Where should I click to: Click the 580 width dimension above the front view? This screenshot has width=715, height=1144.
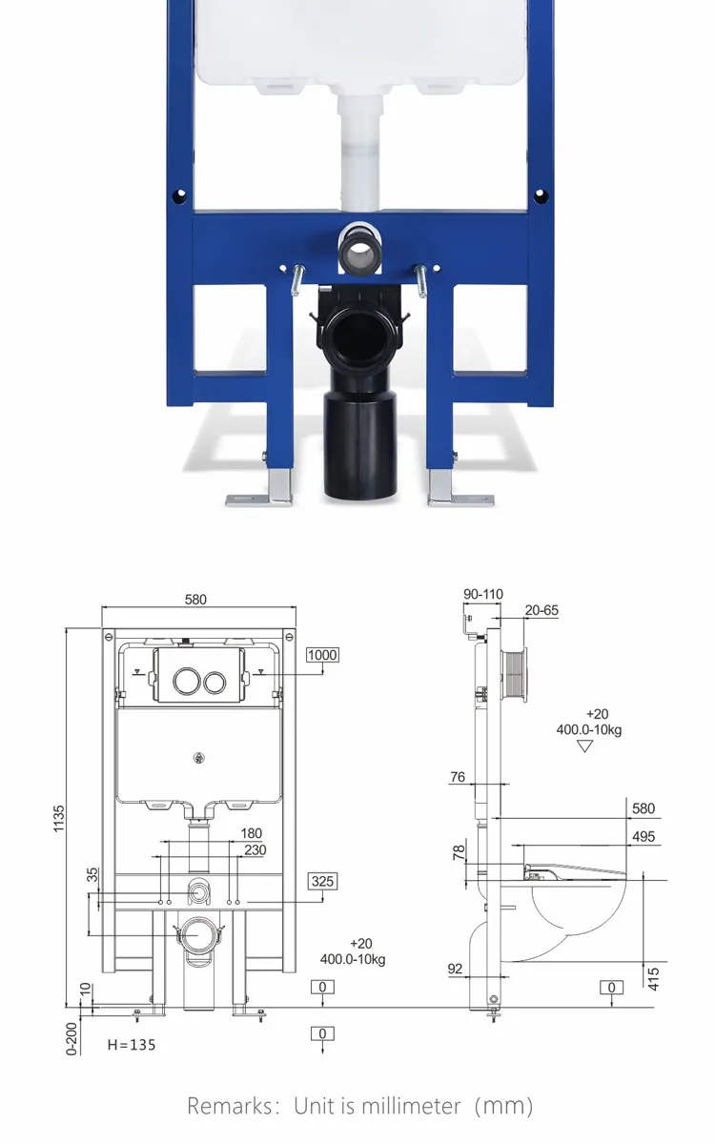coord(195,600)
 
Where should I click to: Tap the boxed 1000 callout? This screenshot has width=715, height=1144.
coord(322,654)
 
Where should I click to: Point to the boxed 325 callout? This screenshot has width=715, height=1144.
coord(322,881)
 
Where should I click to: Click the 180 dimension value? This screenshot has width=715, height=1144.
coord(252,834)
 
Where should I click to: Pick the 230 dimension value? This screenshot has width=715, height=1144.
coord(255,850)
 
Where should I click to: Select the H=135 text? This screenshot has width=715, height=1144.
coord(131,1045)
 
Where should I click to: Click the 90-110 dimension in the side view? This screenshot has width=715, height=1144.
coord(483,594)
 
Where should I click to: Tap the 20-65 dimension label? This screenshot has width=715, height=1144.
coord(541,610)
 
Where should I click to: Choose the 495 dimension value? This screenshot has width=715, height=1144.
coord(643,837)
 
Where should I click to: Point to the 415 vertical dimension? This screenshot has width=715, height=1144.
coord(653,977)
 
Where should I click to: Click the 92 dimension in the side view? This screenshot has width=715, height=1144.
coord(455,969)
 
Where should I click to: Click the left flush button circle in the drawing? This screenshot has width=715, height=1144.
coord(185,682)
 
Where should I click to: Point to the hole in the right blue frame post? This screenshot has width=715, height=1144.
coord(541,197)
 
